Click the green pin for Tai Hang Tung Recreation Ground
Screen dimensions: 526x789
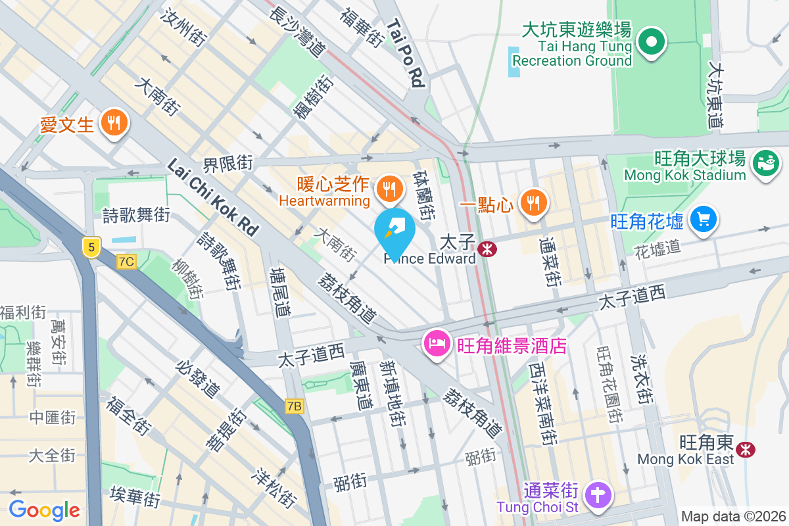click(652, 42)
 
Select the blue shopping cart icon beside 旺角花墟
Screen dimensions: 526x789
click(704, 219)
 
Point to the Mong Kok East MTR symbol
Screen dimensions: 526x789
click(745, 449)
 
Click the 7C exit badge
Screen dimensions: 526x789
click(126, 262)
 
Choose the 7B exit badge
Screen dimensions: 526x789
click(295, 406)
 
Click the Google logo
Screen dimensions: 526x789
click(44, 510)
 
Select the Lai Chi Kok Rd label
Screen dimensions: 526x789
click(212, 197)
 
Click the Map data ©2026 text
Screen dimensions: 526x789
click(733, 516)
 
